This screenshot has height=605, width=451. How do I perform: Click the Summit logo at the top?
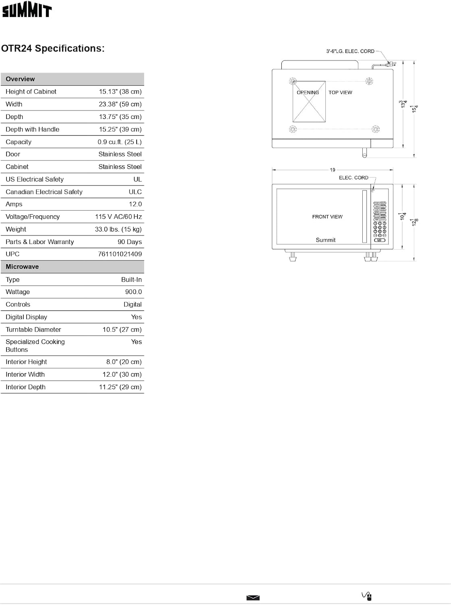click(27, 11)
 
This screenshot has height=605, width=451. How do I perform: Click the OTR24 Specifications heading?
click(53, 48)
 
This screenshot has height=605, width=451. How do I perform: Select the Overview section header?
click(20, 79)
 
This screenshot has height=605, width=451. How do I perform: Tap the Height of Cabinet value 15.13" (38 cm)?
click(120, 92)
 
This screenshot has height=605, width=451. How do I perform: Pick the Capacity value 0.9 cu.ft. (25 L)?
click(119, 142)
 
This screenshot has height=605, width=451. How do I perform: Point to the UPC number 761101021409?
click(120, 254)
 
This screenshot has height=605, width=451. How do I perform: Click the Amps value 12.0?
click(135, 204)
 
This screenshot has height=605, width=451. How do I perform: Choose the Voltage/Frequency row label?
click(33, 217)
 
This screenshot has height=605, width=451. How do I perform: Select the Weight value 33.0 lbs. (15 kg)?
click(118, 229)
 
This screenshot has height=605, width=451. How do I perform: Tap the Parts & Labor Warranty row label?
click(39, 242)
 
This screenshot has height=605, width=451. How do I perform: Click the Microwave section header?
click(22, 267)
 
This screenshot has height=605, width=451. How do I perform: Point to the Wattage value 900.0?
click(133, 292)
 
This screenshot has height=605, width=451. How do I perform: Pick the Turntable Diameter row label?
click(33, 330)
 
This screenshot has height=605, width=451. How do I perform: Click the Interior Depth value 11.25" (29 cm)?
click(120, 387)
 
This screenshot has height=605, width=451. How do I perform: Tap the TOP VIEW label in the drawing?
click(340, 92)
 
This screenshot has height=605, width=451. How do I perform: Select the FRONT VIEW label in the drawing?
click(327, 217)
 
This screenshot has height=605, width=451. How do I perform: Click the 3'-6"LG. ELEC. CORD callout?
click(350, 51)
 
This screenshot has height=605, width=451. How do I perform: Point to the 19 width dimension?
click(333, 170)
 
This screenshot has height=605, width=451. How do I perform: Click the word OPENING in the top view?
click(308, 92)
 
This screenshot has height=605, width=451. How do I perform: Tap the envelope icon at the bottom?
click(253, 598)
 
